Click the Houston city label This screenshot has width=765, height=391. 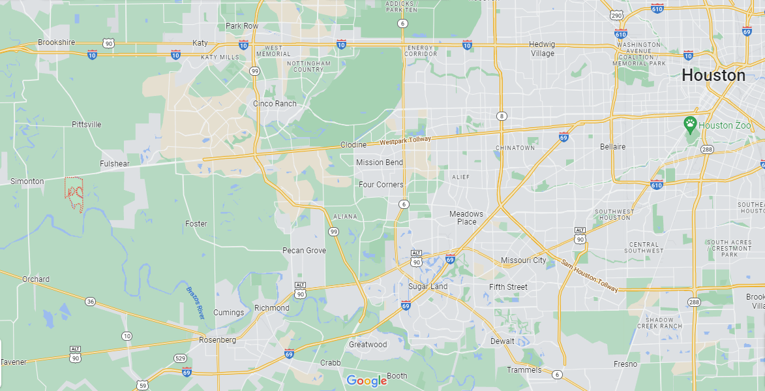click(x=713, y=76)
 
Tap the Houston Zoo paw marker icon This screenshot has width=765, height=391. click(x=689, y=123)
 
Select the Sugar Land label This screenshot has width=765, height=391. click(x=428, y=287)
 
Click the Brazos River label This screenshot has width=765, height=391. click(x=195, y=303)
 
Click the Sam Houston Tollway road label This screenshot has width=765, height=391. click(x=589, y=275)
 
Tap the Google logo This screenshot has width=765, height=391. click(x=367, y=381)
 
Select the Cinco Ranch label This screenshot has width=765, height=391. click(x=275, y=104)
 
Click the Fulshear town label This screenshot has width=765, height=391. click(x=115, y=164)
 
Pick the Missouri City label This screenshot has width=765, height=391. click(x=523, y=260)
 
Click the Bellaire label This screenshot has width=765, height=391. click(x=612, y=147)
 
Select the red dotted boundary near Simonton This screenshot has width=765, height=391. click(x=74, y=193)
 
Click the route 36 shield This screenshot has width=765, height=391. click(x=90, y=301)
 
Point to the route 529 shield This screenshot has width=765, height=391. click(x=180, y=358)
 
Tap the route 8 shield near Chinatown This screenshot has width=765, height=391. click(x=501, y=116)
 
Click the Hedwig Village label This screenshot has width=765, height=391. click(x=542, y=49)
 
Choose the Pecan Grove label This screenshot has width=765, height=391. click(x=304, y=251)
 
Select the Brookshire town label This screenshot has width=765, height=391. click(x=57, y=42)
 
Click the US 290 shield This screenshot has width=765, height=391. click(x=616, y=15)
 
